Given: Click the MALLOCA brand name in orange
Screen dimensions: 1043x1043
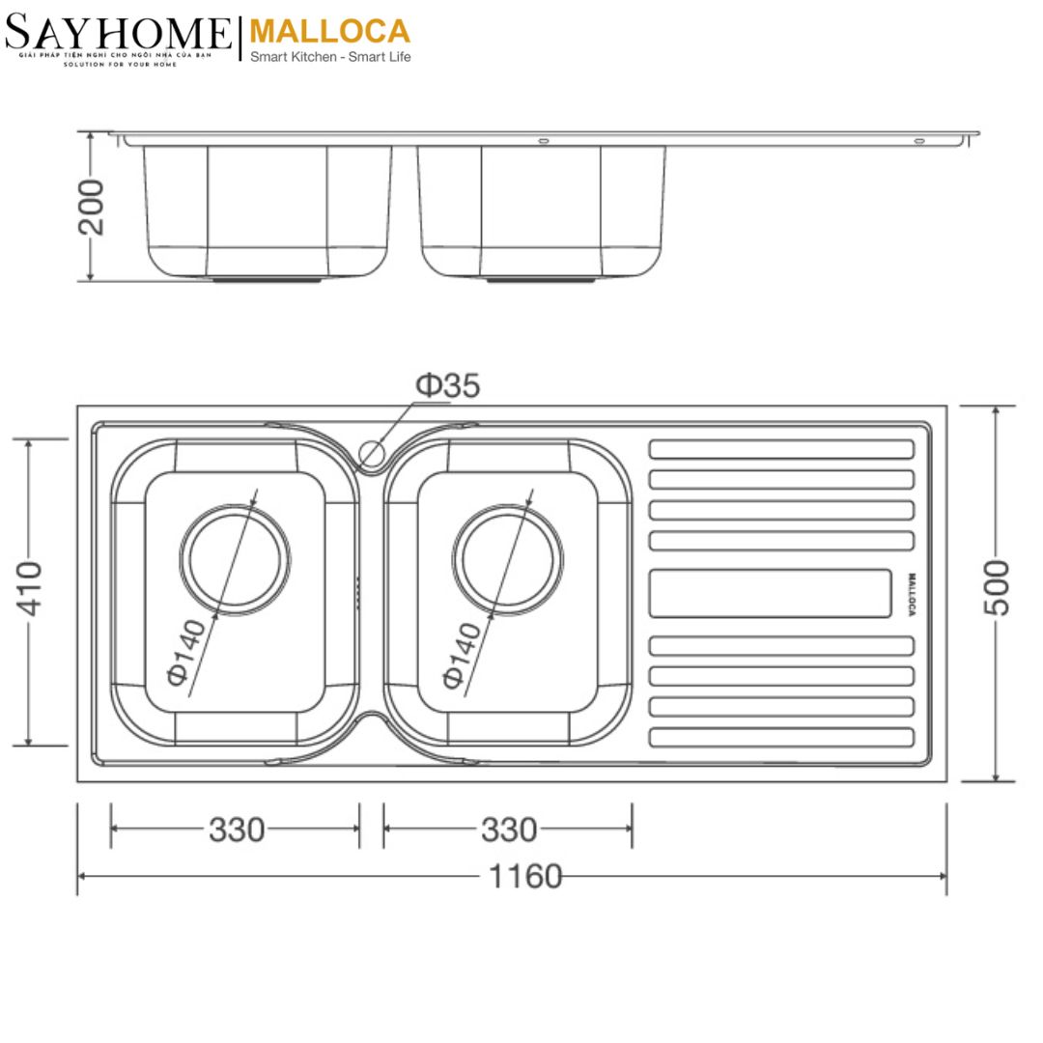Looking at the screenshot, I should [x=329, y=31].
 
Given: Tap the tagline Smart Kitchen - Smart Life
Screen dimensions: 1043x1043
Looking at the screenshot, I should [x=330, y=57].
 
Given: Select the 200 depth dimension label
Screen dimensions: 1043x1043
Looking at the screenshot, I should [x=92, y=207].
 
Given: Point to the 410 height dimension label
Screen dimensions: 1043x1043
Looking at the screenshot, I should [x=31, y=588].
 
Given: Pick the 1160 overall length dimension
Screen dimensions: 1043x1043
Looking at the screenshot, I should [x=524, y=876].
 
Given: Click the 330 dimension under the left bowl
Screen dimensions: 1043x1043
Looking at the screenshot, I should [x=237, y=829].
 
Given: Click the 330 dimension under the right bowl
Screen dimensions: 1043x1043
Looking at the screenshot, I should [x=509, y=829].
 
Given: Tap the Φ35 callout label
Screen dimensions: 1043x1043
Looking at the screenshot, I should [x=447, y=386].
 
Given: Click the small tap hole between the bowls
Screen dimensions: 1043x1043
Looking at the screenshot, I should [x=371, y=451].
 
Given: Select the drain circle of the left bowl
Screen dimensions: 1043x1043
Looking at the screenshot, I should [x=238, y=559].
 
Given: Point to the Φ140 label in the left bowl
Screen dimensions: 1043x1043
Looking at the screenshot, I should [x=185, y=653].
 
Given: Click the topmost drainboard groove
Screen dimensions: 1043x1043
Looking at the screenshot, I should [x=780, y=449].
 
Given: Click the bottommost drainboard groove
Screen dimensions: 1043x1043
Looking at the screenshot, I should [x=780, y=738].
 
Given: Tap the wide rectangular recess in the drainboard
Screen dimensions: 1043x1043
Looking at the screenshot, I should [x=770, y=593].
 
